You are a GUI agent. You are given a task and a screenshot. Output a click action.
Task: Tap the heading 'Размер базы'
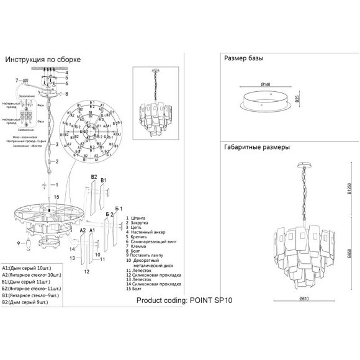pos(243,58)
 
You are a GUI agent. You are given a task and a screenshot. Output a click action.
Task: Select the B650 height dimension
pos(349,254)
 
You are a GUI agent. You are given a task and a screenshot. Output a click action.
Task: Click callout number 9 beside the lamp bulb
pos(19,243)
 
